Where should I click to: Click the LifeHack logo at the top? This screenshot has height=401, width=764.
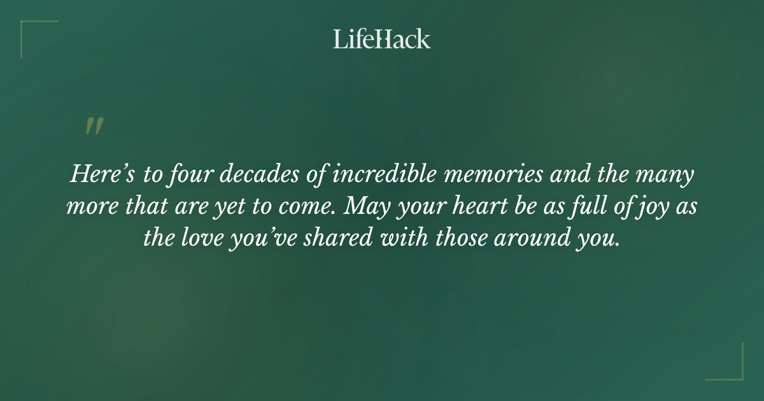[x=381, y=39]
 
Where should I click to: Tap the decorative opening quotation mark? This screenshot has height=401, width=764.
[x=94, y=126]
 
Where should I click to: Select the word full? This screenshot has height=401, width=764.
[x=607, y=208]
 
